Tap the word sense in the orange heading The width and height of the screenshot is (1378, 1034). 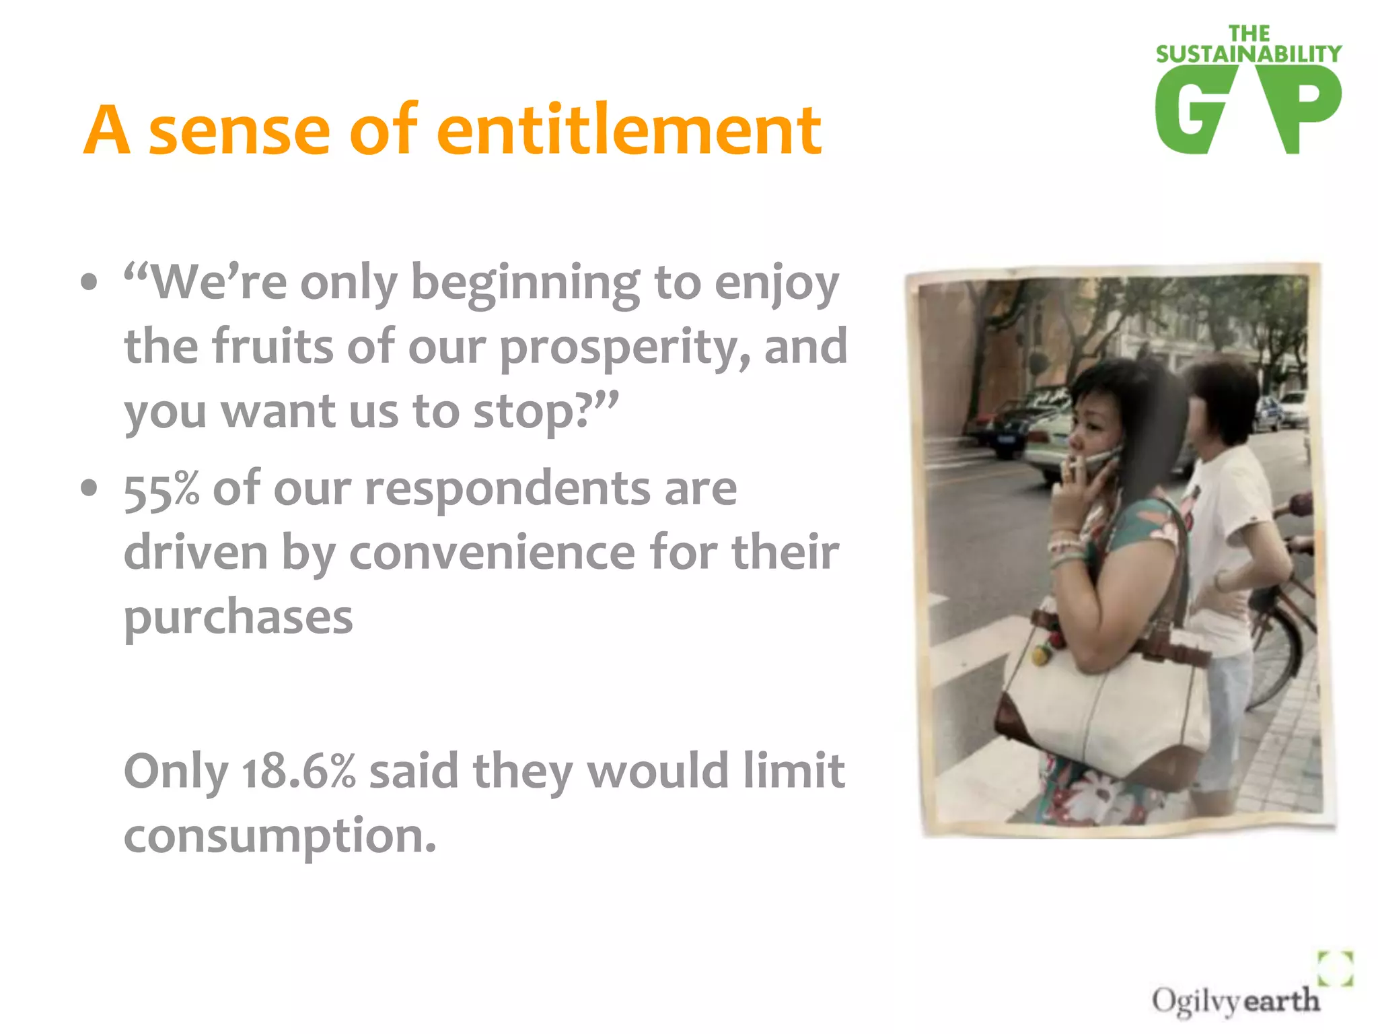pos(239,131)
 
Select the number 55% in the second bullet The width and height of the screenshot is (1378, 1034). pos(161,489)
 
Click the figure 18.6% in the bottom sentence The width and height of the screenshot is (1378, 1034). pos(298,771)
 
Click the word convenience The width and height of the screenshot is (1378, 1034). pos(492,553)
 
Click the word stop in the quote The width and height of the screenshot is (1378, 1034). pos(532,412)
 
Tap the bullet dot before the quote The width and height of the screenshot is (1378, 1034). pos(88,282)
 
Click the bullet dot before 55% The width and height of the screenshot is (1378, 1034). pos(88,487)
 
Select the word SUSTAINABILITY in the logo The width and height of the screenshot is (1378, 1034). pos(1248,54)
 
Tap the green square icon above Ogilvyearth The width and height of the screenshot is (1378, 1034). pos(1335,967)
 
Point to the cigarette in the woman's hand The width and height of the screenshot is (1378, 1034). pos(1075,464)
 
